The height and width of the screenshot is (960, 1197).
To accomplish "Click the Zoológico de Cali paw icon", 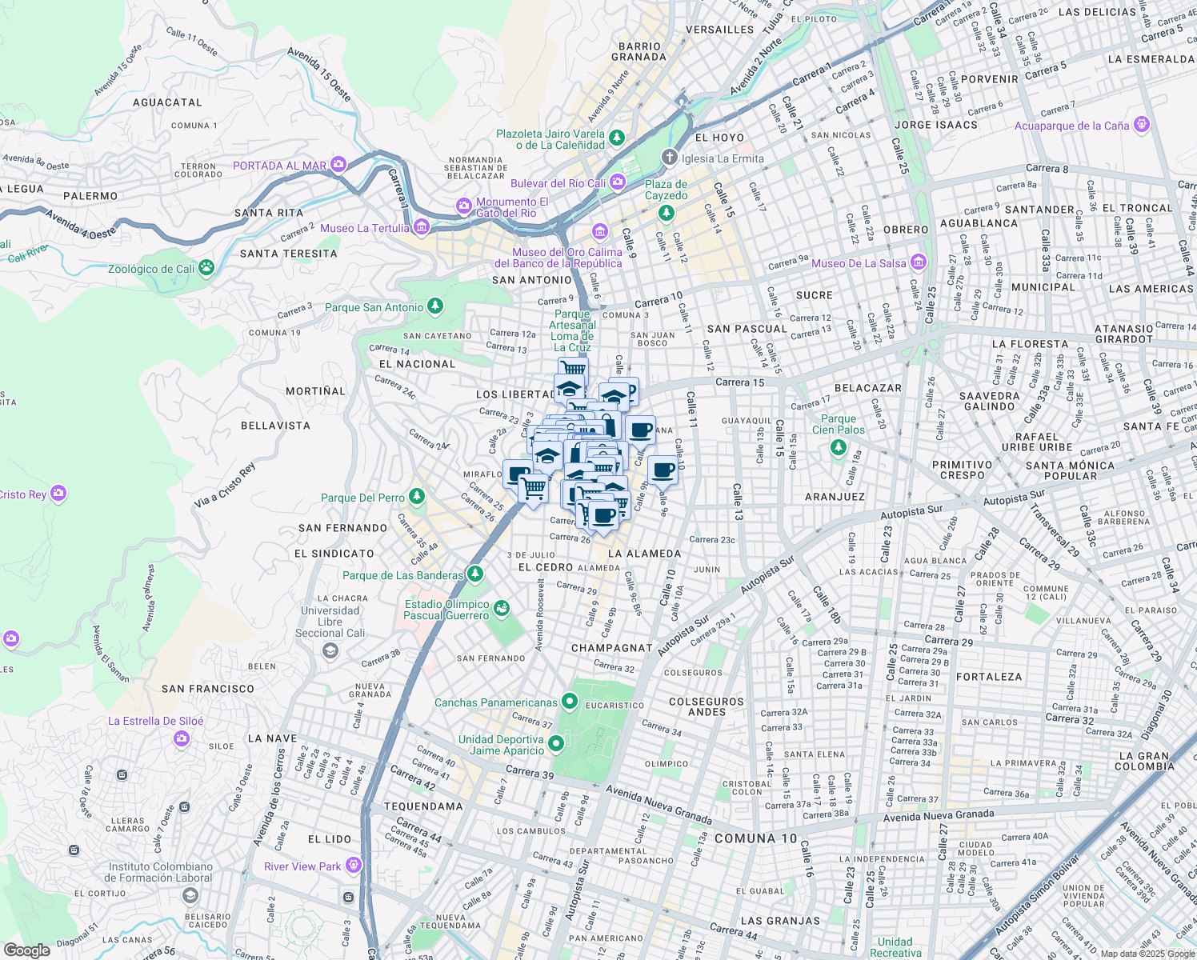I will click(206, 267).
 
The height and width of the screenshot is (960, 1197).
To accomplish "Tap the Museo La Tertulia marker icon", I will click(422, 228).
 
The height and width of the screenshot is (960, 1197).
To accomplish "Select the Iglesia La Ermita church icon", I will click(669, 158).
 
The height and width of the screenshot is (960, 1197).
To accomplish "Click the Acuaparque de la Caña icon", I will click(1141, 125).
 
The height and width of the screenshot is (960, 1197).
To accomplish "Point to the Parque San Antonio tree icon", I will click(434, 306).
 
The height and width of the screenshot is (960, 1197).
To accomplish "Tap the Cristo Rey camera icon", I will click(58, 494).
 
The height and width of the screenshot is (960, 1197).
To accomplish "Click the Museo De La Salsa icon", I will click(919, 262).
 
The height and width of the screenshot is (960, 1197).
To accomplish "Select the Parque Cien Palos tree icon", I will click(838, 447).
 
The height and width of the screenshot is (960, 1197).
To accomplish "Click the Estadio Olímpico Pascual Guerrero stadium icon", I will click(501, 610).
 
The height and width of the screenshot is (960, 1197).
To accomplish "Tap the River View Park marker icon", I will click(353, 866).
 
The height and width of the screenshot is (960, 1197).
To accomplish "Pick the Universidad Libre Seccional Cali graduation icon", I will click(330, 650).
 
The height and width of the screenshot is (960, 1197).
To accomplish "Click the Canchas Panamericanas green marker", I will click(569, 702).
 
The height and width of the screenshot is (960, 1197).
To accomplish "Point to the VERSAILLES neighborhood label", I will click(719, 30).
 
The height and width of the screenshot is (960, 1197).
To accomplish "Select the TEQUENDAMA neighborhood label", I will click(423, 806).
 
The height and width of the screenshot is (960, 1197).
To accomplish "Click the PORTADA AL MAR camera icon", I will click(338, 165).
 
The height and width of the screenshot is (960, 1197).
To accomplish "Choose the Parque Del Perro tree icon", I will click(416, 497).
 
